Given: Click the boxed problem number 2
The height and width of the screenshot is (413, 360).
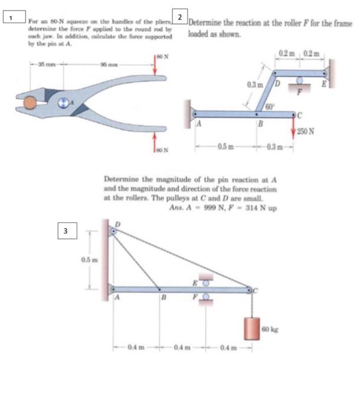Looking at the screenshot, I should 180,15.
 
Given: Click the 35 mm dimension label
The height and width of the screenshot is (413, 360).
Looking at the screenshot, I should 45,63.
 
